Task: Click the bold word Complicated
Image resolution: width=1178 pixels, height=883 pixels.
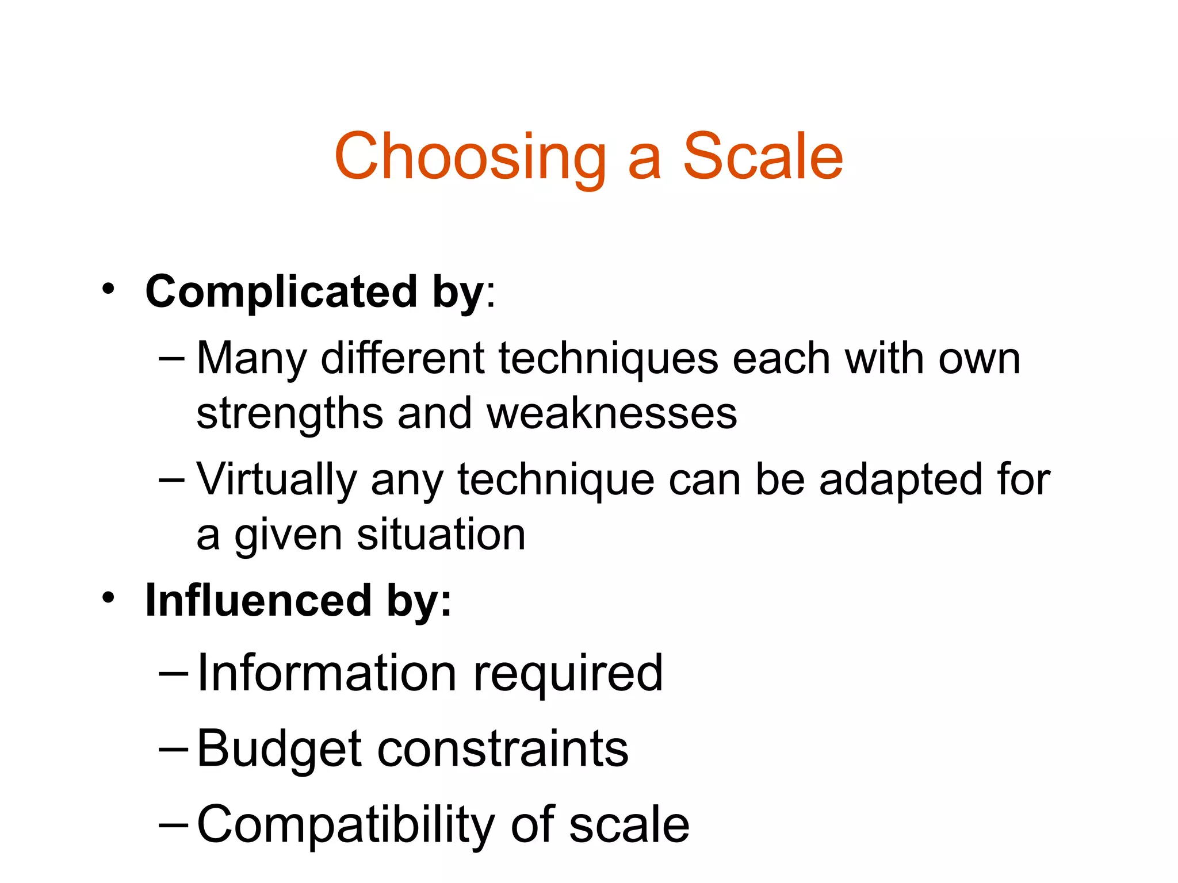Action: tap(281, 291)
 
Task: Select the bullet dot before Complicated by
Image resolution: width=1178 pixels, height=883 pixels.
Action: tap(108, 289)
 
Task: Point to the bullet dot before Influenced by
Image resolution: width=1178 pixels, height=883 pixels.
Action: tap(108, 598)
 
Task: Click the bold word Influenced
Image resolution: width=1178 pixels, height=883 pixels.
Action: tap(258, 601)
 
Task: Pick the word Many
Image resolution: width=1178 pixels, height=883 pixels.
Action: tap(252, 359)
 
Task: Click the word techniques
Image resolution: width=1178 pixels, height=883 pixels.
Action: tap(608, 359)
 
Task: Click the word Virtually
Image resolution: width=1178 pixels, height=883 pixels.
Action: tap(276, 480)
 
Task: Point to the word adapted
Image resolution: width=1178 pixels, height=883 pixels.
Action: tap(900, 480)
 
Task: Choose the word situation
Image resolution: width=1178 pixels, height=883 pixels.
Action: tap(441, 535)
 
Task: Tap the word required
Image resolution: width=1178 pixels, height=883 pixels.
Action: tap(568, 674)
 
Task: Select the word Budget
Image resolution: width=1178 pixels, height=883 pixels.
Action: tap(280, 749)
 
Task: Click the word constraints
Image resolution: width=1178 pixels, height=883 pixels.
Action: tap(503, 749)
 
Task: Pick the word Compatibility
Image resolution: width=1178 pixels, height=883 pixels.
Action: tap(346, 825)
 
